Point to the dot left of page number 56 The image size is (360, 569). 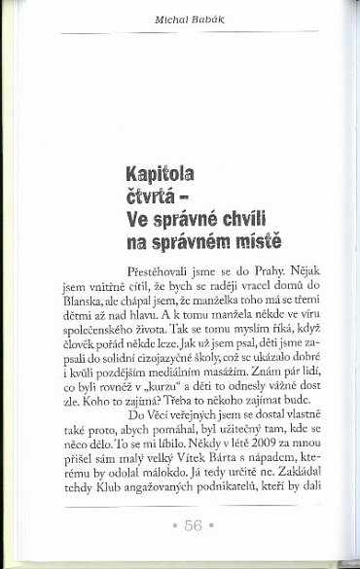pos(167,529)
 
